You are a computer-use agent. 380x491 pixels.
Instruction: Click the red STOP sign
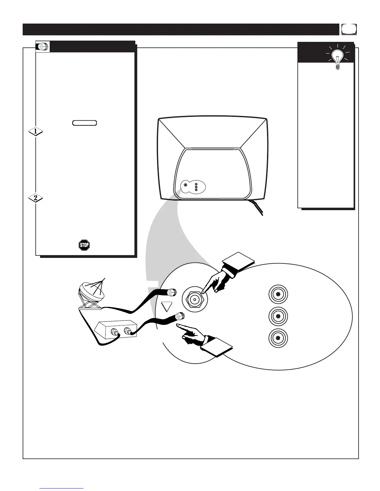click(84, 245)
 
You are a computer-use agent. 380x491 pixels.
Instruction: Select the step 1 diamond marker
click(35, 132)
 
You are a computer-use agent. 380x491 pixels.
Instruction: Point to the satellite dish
click(91, 293)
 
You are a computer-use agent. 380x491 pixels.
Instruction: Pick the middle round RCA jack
click(278, 316)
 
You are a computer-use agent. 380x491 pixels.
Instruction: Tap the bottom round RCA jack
click(278, 338)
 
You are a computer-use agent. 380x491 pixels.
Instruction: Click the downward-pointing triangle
click(167, 307)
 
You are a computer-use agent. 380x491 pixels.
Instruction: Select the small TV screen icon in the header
click(349, 29)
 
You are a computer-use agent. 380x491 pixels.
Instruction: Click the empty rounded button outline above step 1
click(84, 123)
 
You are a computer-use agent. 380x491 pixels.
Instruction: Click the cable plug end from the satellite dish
click(172, 292)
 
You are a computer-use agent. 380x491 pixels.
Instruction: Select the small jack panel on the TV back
click(193, 187)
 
